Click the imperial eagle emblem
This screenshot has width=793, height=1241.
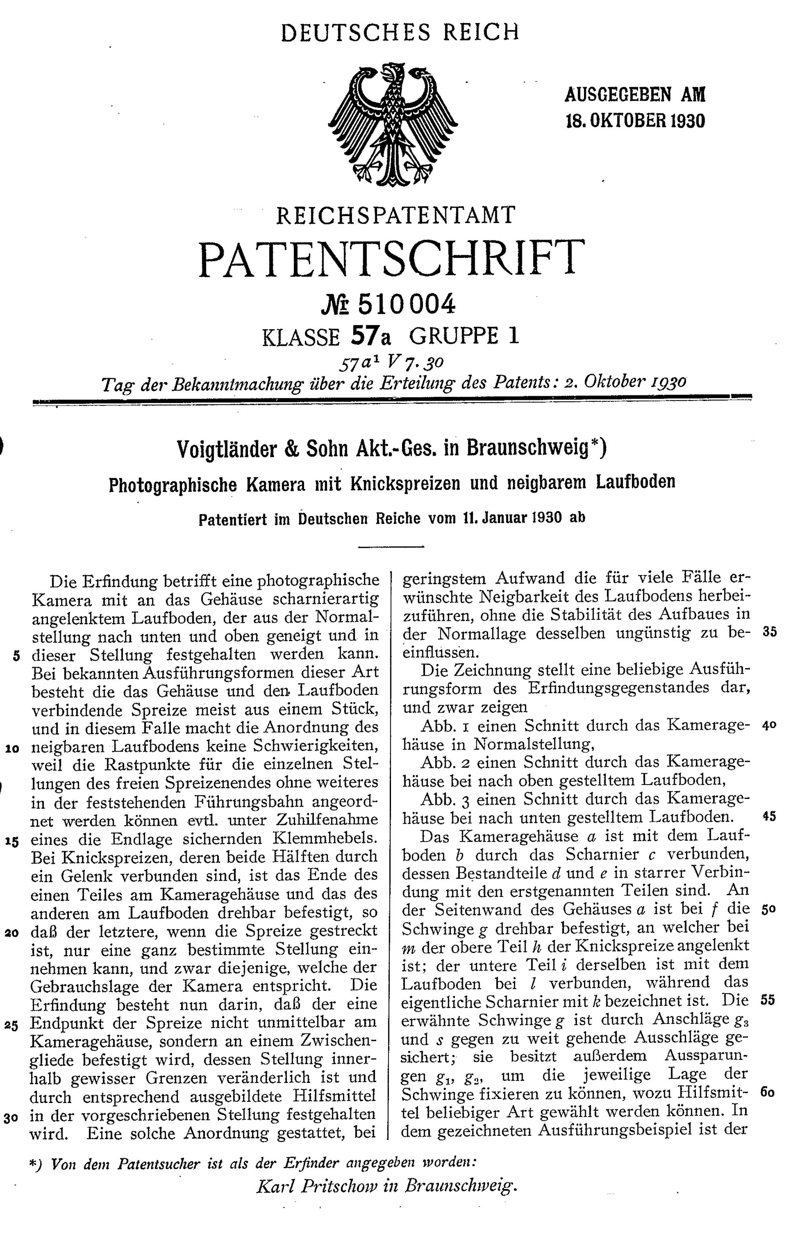pyautogui.click(x=393, y=125)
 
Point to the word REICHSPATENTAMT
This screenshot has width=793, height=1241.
pyautogui.click(x=395, y=215)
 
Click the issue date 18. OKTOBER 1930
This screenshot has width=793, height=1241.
pyautogui.click(x=635, y=121)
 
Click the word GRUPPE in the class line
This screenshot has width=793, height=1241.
pyautogui.click(x=454, y=337)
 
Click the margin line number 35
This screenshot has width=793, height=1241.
pyautogui.click(x=769, y=632)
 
